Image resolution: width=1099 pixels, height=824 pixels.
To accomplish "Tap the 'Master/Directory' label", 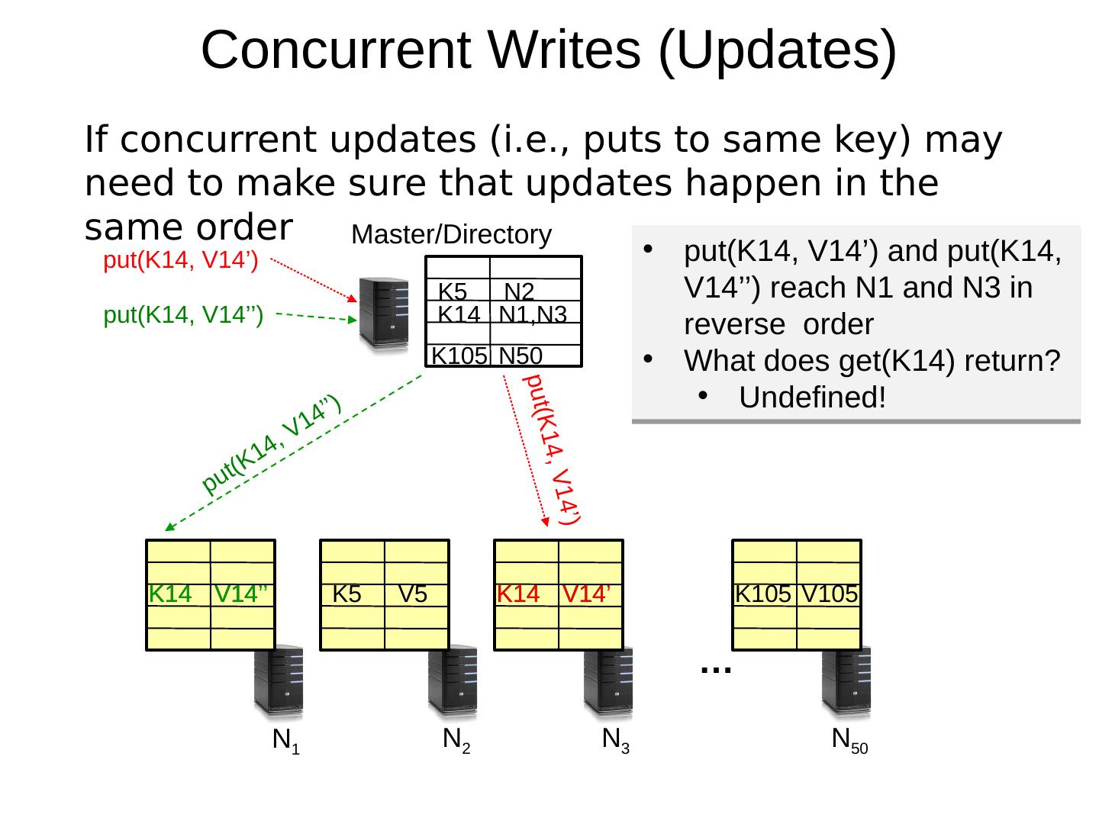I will pyautogui.click(x=451, y=235).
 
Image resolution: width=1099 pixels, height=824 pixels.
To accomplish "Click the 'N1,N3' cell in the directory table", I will pyautogui.click(x=533, y=314).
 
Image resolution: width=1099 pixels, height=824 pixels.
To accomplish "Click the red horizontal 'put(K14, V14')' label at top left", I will pyautogui.click(x=180, y=262).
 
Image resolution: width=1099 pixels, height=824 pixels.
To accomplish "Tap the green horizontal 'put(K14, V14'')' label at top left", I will pyautogui.click(x=183, y=315).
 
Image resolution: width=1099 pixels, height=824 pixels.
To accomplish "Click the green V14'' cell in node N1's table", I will pyautogui.click(x=241, y=594).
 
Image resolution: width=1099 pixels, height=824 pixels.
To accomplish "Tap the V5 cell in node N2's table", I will pyautogui.click(x=413, y=594).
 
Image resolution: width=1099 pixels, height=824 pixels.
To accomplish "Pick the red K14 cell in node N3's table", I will pyautogui.click(x=519, y=594).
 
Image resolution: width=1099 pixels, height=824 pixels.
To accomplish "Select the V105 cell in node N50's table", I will pyautogui.click(x=830, y=594).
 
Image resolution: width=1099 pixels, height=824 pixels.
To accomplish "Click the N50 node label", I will pyautogui.click(x=849, y=740).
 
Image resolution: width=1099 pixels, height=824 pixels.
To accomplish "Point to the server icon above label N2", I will pyautogui.click(x=453, y=682).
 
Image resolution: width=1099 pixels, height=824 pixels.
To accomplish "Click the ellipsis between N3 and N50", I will pyautogui.click(x=716, y=668).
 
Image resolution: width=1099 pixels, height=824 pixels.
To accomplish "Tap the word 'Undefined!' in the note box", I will pyautogui.click(x=812, y=398).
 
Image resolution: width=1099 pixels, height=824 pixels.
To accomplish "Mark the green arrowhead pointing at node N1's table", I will pyautogui.click(x=169, y=527).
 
